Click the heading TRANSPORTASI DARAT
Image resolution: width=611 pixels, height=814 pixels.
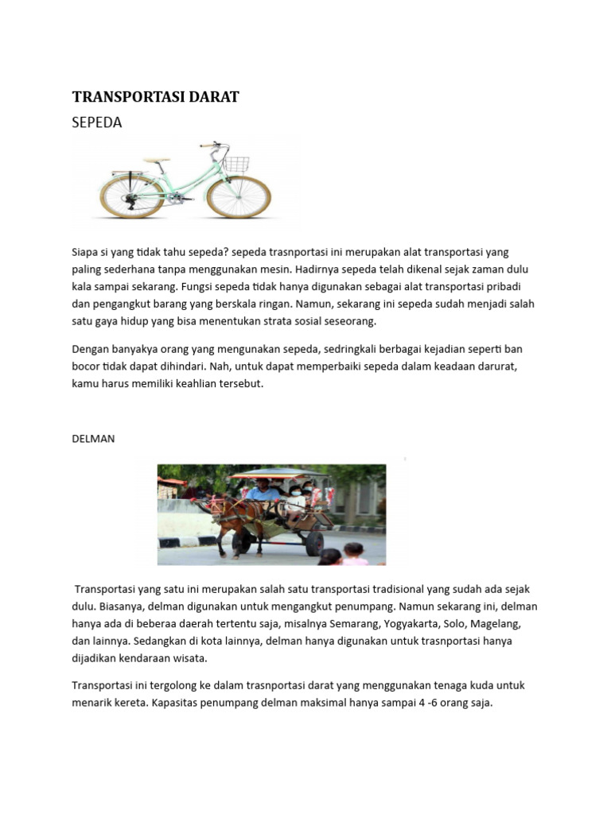pyautogui.click(x=155, y=97)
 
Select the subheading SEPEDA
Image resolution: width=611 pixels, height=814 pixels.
pyautogui.click(x=97, y=122)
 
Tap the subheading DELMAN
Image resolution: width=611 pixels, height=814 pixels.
pyautogui.click(x=93, y=439)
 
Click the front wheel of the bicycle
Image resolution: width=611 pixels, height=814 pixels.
pyautogui.click(x=239, y=196)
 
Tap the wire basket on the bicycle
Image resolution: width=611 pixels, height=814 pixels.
pyautogui.click(x=235, y=164)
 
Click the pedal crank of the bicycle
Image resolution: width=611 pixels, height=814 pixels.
pyautogui.click(x=172, y=199)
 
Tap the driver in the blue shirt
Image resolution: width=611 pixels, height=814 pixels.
pyautogui.click(x=262, y=491)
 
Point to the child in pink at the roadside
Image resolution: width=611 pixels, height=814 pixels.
pyautogui.click(x=355, y=555)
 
